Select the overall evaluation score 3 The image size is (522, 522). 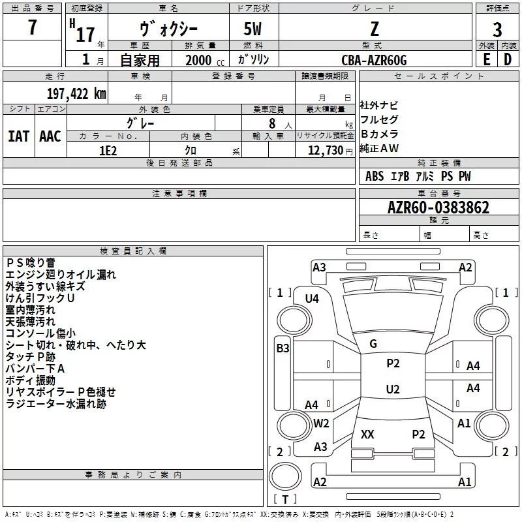pyautogui.click(x=497, y=30)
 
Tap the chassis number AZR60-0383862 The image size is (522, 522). pyautogui.click(x=438, y=207)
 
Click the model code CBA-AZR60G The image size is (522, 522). pyautogui.click(x=374, y=60)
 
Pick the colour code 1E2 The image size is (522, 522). pyautogui.click(x=108, y=149)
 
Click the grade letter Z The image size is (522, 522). pyautogui.click(x=375, y=29)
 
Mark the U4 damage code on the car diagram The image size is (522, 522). pyautogui.click(x=312, y=298)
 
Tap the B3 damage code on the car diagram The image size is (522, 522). pyautogui.click(x=283, y=348)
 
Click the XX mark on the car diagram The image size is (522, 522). pyautogui.click(x=367, y=434)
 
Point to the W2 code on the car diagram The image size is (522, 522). pyautogui.click(x=321, y=423)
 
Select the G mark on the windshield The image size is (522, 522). pyautogui.click(x=373, y=344)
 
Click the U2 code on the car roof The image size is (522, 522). pyautogui.click(x=393, y=390)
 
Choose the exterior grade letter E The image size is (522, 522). pyautogui.click(x=486, y=59)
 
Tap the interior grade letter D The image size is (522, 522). pyautogui.click(x=508, y=59)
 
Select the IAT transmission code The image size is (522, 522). pyautogui.click(x=18, y=136)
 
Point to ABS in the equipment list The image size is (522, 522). pyautogui.click(x=375, y=176)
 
